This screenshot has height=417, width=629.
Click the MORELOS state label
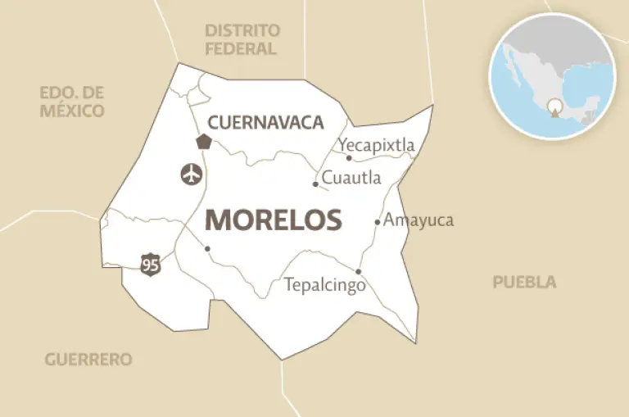273,220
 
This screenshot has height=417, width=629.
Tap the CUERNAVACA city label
265,123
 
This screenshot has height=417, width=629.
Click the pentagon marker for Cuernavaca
204,141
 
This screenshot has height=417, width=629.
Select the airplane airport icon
190,174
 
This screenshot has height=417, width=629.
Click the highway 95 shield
150,265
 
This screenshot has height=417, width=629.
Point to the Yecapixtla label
377,145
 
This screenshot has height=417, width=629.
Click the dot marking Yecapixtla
349,158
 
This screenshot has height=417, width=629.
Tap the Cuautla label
350,177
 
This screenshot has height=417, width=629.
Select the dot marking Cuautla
315,184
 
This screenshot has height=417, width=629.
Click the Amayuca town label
418,220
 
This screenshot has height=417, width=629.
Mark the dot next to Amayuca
378,221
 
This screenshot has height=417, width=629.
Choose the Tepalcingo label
324,286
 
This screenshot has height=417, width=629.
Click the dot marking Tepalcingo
359,271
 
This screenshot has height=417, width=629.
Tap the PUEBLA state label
524,283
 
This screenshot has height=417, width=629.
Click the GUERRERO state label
88,360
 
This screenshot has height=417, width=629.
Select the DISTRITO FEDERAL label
242,39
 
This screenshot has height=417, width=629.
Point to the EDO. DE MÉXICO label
72,102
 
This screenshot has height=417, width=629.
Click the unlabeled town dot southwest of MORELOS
207,248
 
